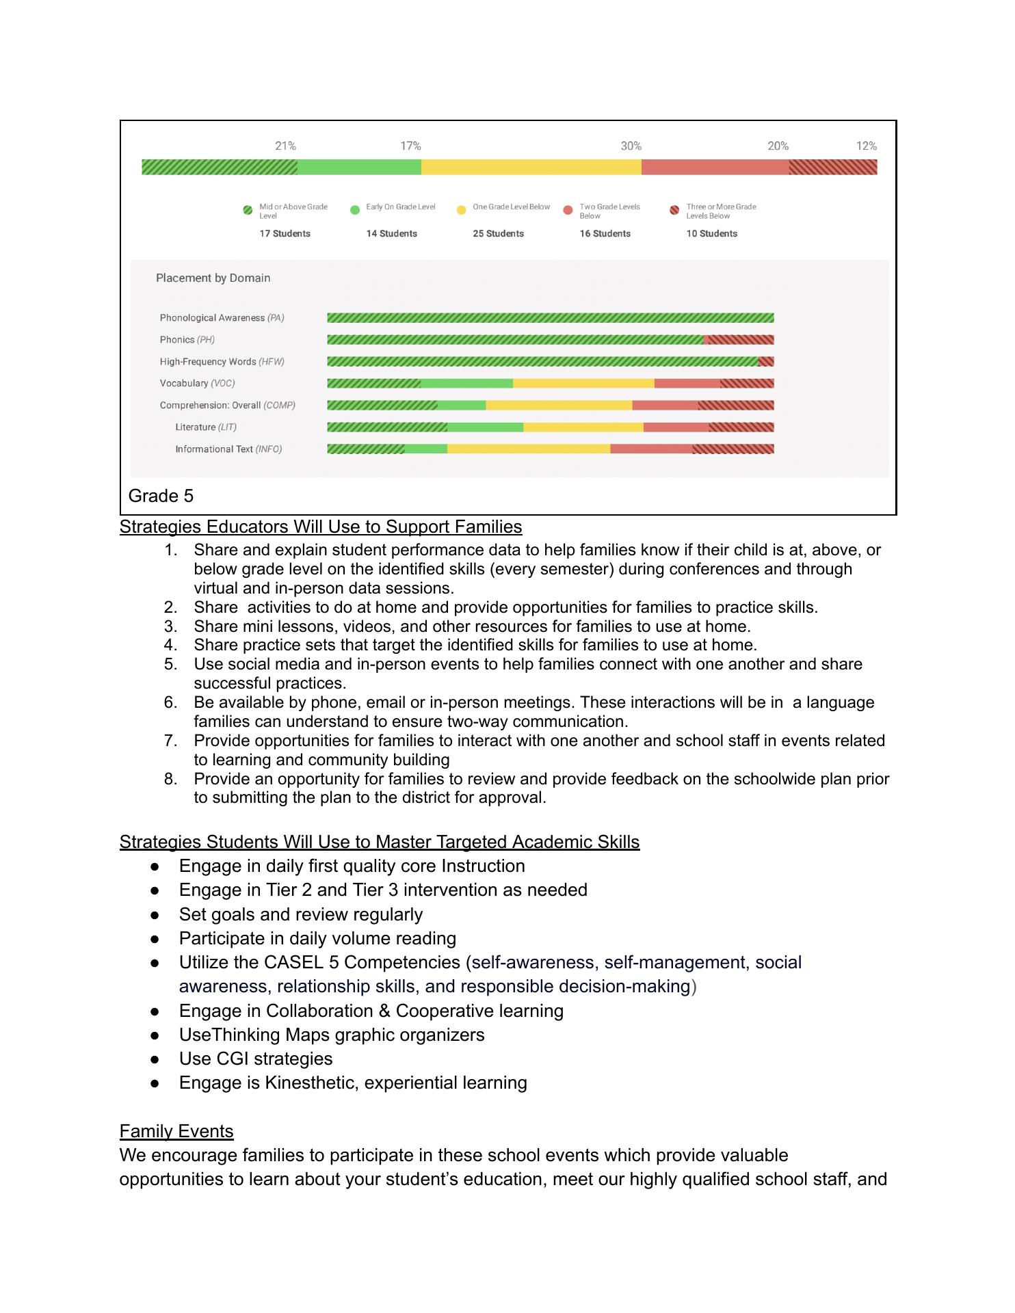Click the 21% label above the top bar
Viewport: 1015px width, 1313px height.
[x=285, y=146]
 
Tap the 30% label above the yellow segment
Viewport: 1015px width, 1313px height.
[x=631, y=146]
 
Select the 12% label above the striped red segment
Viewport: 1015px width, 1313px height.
[x=866, y=146]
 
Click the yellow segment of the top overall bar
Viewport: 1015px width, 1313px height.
[x=531, y=167]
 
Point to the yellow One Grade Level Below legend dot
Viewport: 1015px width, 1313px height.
[x=461, y=210]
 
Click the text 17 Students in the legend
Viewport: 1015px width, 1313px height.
[x=285, y=233]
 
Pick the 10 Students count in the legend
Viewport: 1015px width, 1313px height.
[x=711, y=233]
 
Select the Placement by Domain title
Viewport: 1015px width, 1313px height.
[x=213, y=278]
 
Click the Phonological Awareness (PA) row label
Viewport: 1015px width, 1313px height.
[x=222, y=318]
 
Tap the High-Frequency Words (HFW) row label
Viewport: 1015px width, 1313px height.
[x=222, y=362]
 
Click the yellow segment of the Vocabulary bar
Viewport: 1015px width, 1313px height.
[x=583, y=384]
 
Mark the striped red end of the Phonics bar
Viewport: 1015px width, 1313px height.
[x=739, y=340]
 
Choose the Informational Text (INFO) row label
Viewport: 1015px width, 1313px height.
[x=228, y=449]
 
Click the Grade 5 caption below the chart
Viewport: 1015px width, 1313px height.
[x=161, y=496]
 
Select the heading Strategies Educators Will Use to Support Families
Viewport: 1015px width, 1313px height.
[x=320, y=527]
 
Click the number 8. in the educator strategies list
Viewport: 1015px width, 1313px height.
[x=170, y=779]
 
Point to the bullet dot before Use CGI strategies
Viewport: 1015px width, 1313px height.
[x=155, y=1059]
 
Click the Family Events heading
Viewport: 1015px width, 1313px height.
[x=176, y=1131]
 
